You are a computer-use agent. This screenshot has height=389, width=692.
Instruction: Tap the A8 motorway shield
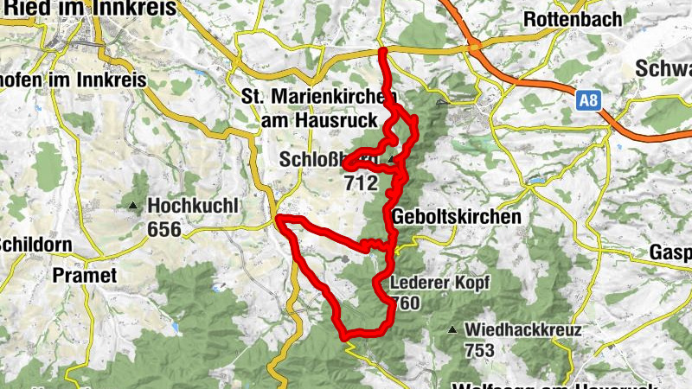pyautogui.click(x=588, y=101)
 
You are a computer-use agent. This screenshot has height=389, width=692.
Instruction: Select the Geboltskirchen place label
pyautogui.click(x=457, y=217)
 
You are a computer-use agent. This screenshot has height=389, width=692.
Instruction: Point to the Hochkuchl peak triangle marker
pyautogui.click(x=133, y=206)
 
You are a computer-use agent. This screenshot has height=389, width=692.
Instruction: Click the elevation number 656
pyautogui.click(x=163, y=229)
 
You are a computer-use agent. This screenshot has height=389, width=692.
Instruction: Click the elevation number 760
pyautogui.click(x=407, y=303)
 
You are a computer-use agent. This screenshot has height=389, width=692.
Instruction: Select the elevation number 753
pyautogui.click(x=478, y=350)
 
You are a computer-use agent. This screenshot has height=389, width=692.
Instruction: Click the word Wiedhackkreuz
pyautogui.click(x=522, y=329)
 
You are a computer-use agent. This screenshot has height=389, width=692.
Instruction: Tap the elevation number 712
pyautogui.click(x=361, y=183)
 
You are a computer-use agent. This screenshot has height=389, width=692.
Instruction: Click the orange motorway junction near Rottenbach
pyautogui.click(x=474, y=48)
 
